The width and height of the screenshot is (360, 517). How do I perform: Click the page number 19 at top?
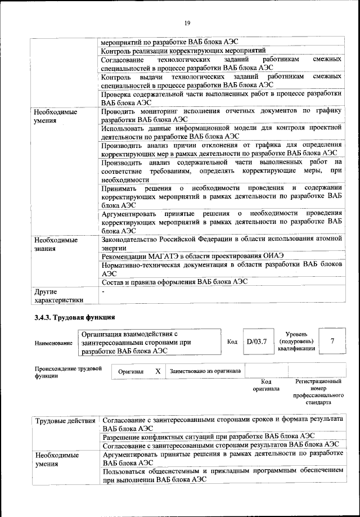pyautogui.click(x=187, y=23)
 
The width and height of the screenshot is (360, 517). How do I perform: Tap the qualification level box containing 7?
pyautogui.click(x=333, y=341)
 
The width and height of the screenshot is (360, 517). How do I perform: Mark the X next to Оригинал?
pyautogui.click(x=158, y=371)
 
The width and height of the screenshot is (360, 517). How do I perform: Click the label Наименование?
pyautogui.click(x=53, y=343)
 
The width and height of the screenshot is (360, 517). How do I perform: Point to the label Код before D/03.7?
pyautogui.click(x=232, y=341)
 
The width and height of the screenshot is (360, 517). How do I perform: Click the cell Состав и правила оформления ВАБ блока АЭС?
pyautogui.click(x=174, y=282)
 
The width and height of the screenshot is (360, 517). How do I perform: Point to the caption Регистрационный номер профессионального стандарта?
pyautogui.click(x=318, y=392)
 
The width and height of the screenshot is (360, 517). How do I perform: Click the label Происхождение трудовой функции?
pyautogui.click(x=67, y=372)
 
